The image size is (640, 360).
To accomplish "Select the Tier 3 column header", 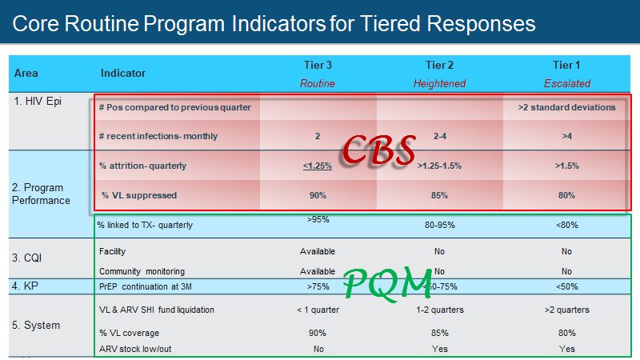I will pos(317,65).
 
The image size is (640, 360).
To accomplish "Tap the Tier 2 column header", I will pos(439,65).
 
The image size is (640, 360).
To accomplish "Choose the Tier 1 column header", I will pos(566,65).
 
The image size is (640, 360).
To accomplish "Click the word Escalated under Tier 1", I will pos(566,83).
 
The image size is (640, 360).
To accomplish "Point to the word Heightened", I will pos(439,83).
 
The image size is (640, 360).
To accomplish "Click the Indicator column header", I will pos(123,74).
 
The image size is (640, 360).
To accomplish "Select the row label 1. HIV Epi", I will pos(38,102).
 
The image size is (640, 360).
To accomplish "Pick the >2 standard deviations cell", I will pos(566,107).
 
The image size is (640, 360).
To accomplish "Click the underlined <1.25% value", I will pos(317,166).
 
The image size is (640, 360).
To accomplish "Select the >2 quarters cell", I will pos(566,310).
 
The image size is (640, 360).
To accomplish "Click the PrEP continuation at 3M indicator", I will pos(147,286).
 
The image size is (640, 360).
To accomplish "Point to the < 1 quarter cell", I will pos(317,310).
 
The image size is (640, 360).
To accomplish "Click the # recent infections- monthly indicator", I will pos(158,136).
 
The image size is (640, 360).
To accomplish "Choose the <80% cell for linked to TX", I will pos(566,225).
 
